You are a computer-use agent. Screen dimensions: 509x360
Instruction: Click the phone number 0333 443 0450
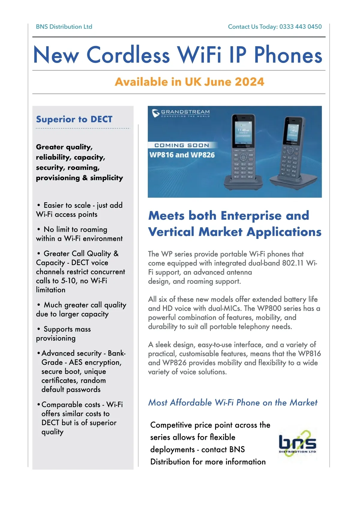[x=300, y=27]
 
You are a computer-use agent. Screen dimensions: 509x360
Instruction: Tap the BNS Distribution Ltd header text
[x=64, y=27]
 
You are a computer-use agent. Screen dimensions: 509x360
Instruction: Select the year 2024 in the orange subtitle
[x=249, y=82]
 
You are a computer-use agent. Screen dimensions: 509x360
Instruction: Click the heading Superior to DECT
[x=74, y=119]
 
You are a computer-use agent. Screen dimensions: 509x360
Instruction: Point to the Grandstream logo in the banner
[x=181, y=113]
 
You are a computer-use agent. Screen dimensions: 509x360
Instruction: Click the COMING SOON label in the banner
[x=181, y=145]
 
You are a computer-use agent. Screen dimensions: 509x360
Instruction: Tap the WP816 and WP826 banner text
[x=182, y=155]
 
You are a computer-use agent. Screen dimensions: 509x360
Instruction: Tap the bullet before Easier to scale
[x=39, y=205]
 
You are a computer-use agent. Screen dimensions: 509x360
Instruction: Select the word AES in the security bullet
[x=78, y=363]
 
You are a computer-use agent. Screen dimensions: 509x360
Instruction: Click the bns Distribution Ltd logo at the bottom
[x=297, y=443]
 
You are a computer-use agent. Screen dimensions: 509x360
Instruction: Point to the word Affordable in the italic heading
[x=191, y=402]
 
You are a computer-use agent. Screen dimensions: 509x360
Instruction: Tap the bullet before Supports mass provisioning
[x=39, y=329]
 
